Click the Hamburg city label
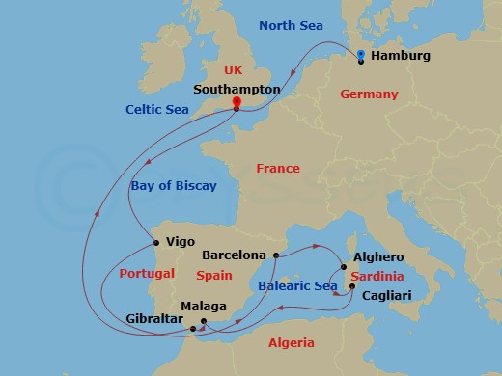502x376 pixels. (x=401, y=57)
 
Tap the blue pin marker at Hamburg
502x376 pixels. (x=360, y=55)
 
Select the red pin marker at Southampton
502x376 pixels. (x=235, y=102)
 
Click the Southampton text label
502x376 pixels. (x=237, y=89)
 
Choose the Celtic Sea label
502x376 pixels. (x=156, y=110)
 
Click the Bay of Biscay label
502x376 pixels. (x=174, y=185)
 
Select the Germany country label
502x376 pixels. (x=369, y=94)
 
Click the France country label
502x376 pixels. (x=278, y=169)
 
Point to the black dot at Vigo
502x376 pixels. (x=155, y=242)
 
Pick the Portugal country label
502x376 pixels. (x=147, y=274)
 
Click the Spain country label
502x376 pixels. (x=214, y=275)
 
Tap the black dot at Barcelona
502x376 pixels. (x=276, y=255)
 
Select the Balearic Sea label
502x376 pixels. (x=298, y=286)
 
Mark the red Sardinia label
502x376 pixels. (x=376, y=276)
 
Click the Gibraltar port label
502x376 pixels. (x=153, y=318)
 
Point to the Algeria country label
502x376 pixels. (x=291, y=343)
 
